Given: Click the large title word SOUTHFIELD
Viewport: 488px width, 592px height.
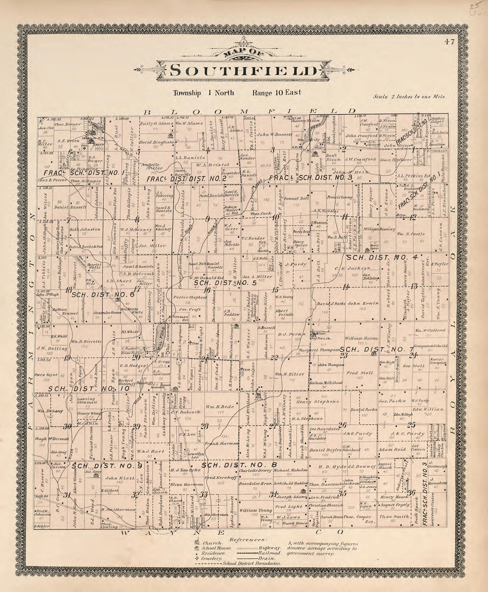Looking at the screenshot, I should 244,71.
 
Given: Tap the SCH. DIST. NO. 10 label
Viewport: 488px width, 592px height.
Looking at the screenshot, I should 89,389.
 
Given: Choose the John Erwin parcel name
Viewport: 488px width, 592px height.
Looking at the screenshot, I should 363,304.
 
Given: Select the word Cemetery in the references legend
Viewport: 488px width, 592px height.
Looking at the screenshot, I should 214,559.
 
